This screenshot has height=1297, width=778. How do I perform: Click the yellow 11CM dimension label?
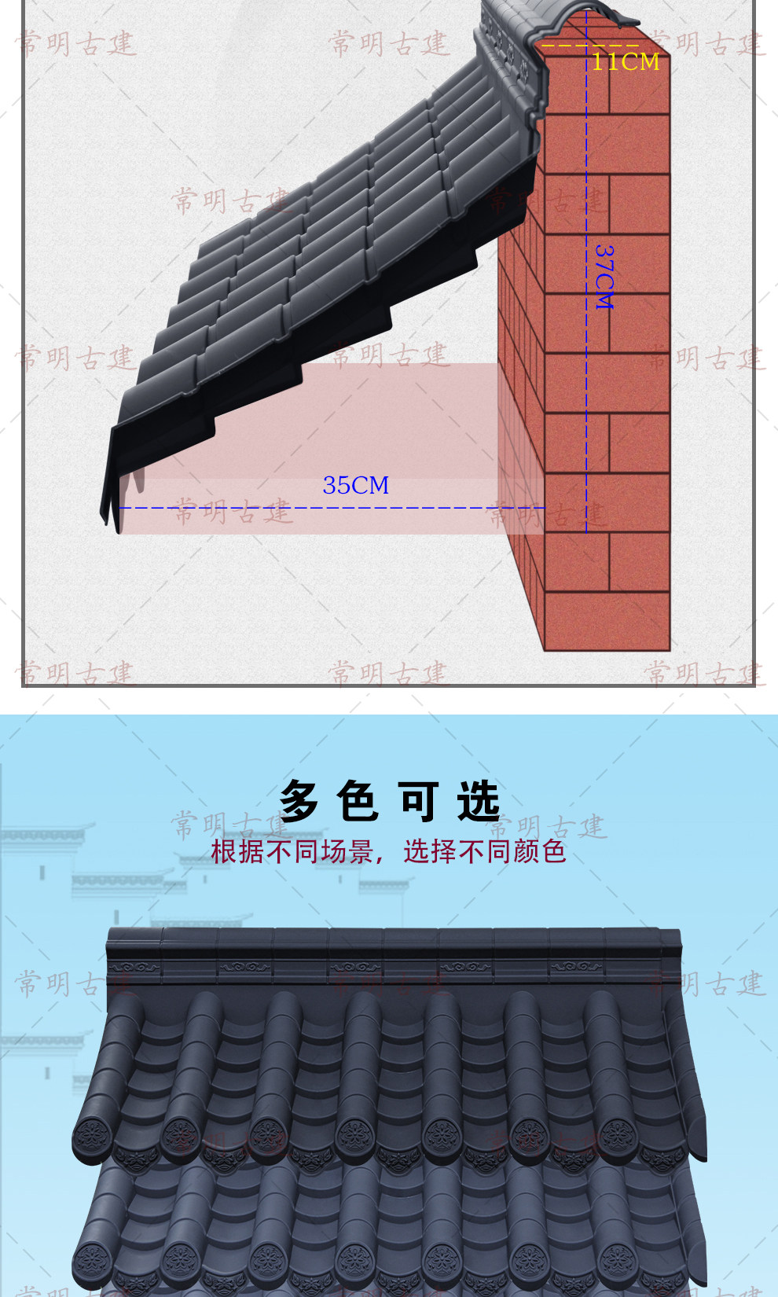[626, 61]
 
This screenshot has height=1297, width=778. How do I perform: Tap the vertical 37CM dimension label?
[604, 276]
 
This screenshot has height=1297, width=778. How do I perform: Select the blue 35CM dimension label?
[355, 485]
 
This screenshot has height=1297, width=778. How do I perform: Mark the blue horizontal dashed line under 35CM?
[314, 508]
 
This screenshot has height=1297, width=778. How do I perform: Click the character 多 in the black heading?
[299, 802]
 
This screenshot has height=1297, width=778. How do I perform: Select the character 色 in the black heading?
[358, 802]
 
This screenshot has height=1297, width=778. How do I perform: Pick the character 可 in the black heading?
[419, 802]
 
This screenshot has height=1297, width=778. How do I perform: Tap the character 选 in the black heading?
[478, 802]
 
